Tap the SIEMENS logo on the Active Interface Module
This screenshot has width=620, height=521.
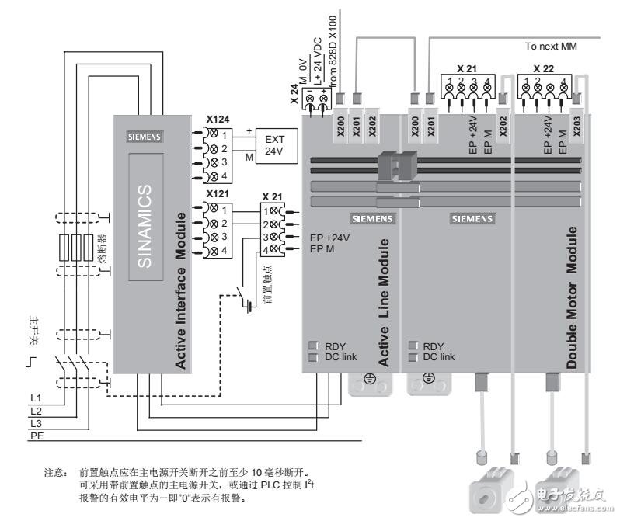(145, 136)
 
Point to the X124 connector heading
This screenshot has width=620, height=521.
(219, 120)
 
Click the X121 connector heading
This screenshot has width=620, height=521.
(219, 194)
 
